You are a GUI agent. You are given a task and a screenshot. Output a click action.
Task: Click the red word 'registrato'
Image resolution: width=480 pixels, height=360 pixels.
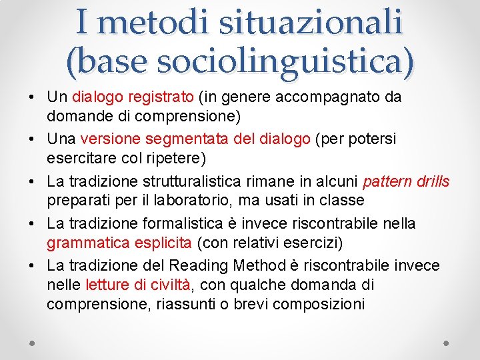160,97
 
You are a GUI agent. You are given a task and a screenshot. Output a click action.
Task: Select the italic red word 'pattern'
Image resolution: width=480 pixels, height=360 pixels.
387,182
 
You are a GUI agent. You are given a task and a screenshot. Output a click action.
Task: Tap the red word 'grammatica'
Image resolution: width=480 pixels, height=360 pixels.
83,242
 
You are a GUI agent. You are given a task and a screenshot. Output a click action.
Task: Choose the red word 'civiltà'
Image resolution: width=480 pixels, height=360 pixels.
169,285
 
